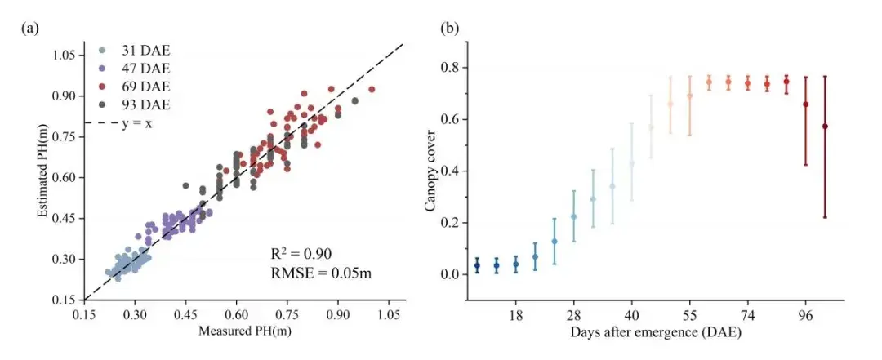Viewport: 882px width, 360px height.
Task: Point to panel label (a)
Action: (x=29, y=29)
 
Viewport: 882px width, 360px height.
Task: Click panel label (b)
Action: (x=449, y=29)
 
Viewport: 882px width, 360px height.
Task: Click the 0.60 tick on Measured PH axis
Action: (x=236, y=314)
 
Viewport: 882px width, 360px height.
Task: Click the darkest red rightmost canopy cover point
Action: (x=825, y=126)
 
